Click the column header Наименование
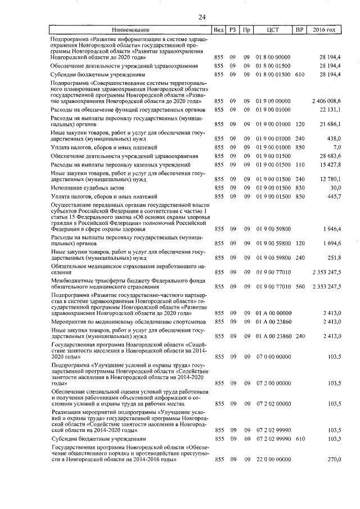130,29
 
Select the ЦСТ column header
273,29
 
